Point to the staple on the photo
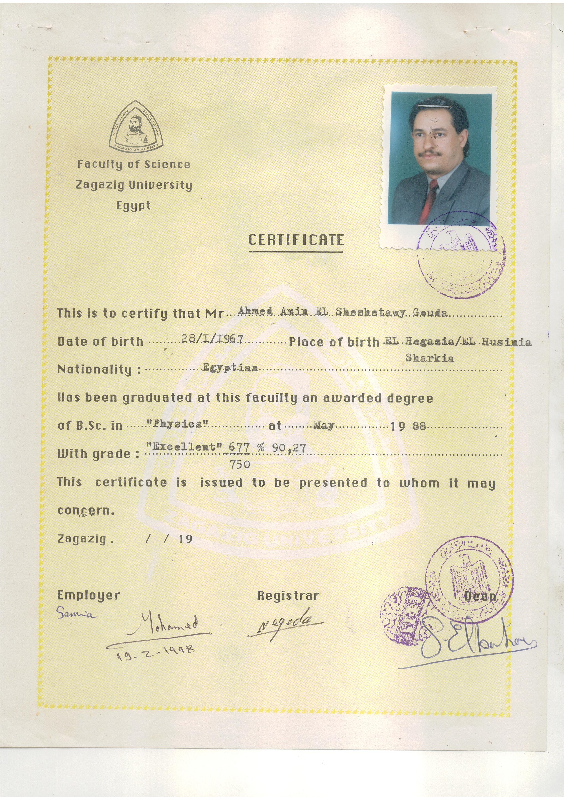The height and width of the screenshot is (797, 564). [431, 105]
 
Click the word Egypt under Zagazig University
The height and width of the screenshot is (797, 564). [133, 205]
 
